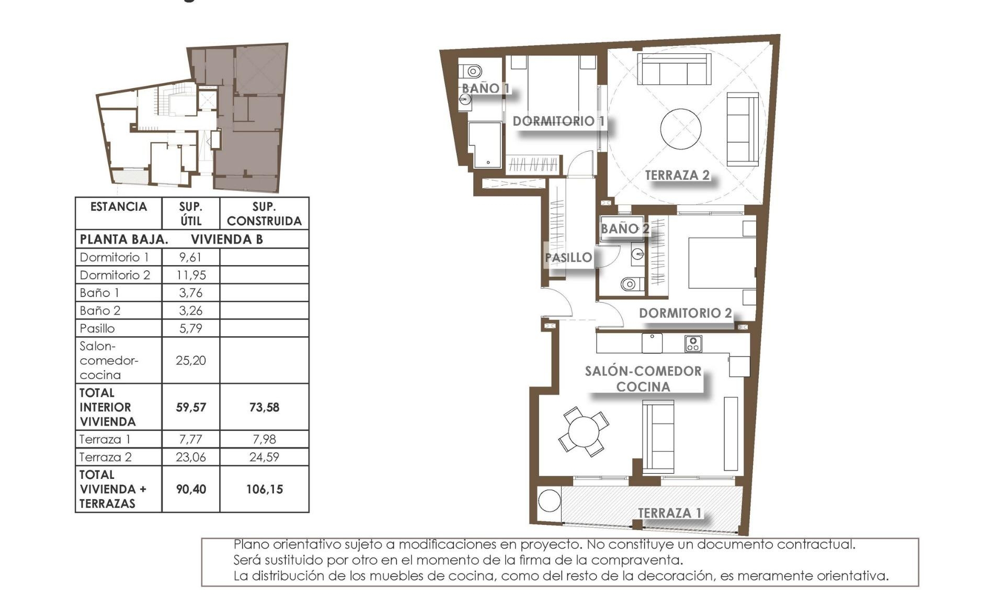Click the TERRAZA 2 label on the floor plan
coord(677,175)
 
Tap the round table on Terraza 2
coord(680,129)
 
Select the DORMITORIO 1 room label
coord(558,121)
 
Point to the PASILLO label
coord(568,257)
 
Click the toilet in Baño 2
coord(630,284)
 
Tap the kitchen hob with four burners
coord(693,343)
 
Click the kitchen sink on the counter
coord(652,343)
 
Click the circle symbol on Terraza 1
coord(549,500)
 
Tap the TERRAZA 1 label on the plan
coord(669,513)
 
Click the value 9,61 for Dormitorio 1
coord(190,257)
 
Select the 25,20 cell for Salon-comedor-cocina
coord(190,360)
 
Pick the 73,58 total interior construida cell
coord(264,407)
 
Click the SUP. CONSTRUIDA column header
coord(264,214)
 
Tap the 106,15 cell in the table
coord(264,489)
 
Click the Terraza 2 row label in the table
coord(105,457)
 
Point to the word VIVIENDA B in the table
coord(226,239)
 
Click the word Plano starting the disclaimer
coord(250,545)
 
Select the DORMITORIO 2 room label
coord(685,313)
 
